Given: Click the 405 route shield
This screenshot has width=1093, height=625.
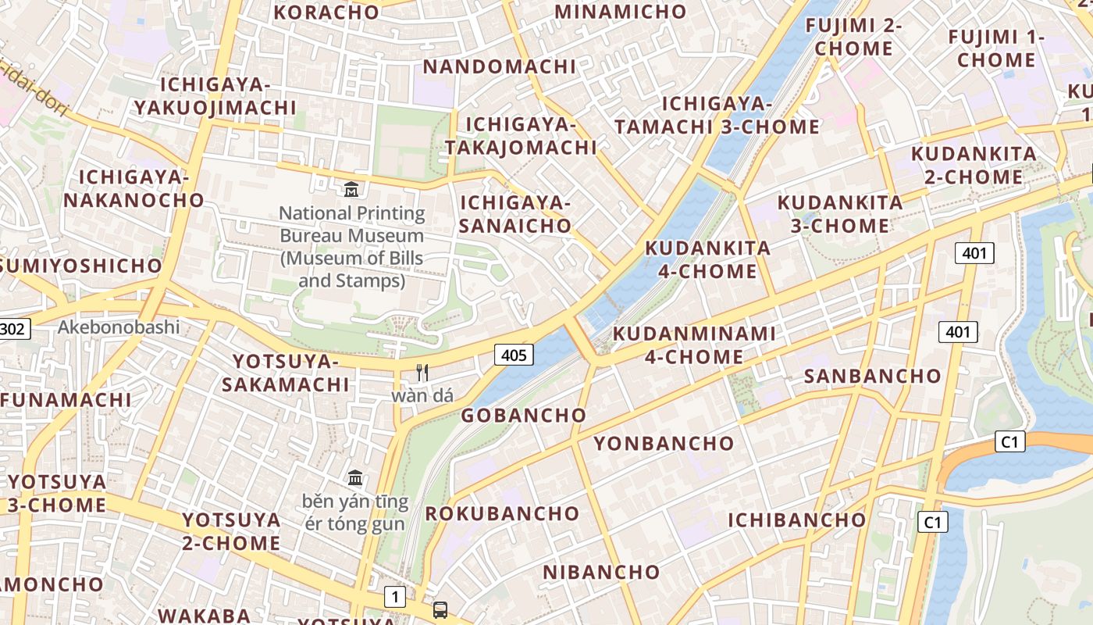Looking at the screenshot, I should (514, 355).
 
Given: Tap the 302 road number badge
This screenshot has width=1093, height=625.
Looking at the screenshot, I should (13, 329).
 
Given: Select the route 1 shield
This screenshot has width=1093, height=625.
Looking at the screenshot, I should (395, 598).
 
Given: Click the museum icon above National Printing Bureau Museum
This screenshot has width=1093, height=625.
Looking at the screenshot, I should (351, 189).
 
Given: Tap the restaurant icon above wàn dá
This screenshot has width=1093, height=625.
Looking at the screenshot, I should (422, 373).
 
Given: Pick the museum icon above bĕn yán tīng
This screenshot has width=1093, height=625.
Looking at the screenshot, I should (355, 477).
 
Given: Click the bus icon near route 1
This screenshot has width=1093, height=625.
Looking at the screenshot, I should (440, 609).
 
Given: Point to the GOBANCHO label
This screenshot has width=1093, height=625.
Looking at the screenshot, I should (523, 416).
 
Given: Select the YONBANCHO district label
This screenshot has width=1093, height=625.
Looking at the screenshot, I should (664, 444).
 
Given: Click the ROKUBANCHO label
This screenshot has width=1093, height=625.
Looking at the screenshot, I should (502, 514).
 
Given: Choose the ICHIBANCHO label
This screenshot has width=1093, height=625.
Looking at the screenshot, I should (797, 520).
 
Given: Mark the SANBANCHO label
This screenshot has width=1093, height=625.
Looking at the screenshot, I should (873, 377).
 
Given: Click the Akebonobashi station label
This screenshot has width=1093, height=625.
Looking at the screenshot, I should (119, 327).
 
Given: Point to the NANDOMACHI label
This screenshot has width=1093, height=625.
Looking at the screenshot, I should (499, 67).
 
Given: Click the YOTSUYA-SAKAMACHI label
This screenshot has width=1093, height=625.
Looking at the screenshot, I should (285, 373).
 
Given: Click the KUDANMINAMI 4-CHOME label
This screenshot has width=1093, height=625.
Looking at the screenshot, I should (694, 345).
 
